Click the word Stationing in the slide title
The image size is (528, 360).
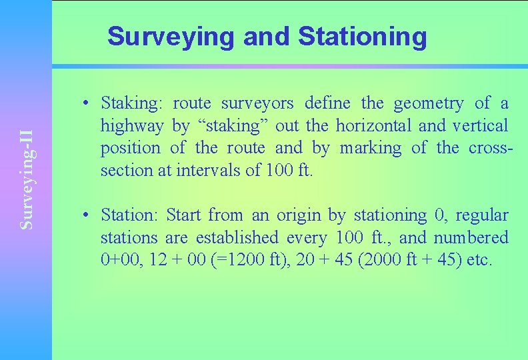click(x=362, y=37)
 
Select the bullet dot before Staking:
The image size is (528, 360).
click(x=87, y=104)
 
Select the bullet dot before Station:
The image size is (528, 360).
click(x=87, y=216)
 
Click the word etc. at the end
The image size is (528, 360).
click(x=479, y=260)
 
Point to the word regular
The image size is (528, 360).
click(x=482, y=215)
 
